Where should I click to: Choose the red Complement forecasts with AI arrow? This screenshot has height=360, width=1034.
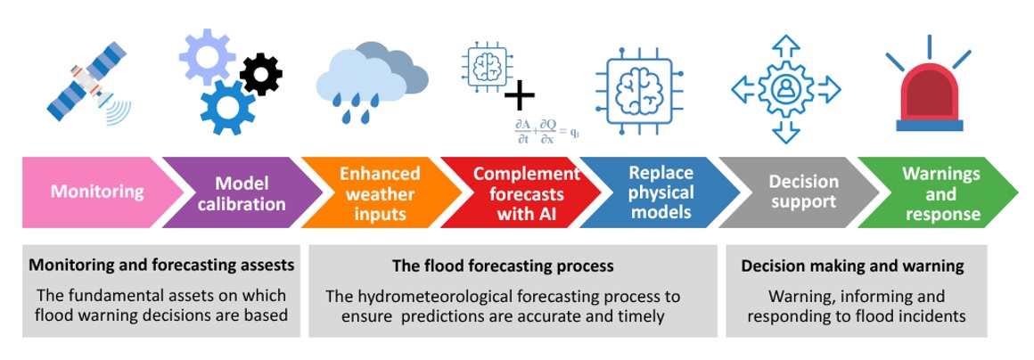click(521, 192)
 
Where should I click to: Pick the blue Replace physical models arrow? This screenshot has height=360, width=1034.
click(660, 192)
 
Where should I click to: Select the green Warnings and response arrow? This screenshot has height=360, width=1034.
click(939, 192)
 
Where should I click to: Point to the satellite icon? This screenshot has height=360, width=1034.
click(89, 86)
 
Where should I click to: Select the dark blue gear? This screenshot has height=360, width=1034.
click(227, 108)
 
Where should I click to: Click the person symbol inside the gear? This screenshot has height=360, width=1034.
click(785, 89)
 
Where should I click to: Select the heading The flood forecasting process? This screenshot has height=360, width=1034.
click(503, 266)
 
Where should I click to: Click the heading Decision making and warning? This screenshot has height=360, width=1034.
click(853, 266)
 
